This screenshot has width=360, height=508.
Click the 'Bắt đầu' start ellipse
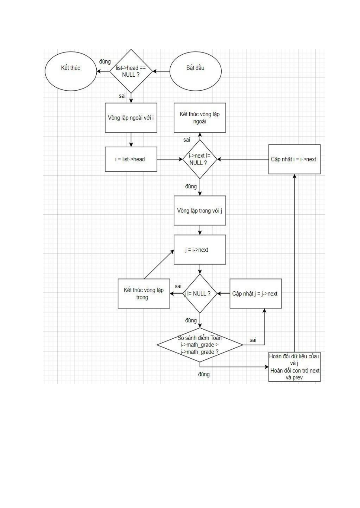(x=195, y=71)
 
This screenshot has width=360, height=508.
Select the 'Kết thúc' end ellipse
(x=71, y=71)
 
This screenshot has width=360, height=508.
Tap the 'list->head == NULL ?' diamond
(x=131, y=71)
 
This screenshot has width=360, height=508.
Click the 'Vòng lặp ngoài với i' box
(x=131, y=118)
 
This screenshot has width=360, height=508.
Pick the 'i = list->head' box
(x=131, y=159)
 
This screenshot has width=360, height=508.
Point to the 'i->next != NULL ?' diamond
(x=199, y=159)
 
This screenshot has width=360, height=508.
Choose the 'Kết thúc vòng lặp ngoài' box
(x=200, y=118)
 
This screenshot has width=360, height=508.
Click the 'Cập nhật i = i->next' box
(x=294, y=159)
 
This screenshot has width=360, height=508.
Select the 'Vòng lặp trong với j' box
(x=200, y=210)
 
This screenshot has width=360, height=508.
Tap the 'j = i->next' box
(x=200, y=250)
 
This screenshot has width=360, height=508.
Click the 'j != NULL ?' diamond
(x=200, y=293)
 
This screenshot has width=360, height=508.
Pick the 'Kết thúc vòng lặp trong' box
(x=144, y=293)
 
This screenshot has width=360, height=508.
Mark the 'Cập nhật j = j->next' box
(x=256, y=293)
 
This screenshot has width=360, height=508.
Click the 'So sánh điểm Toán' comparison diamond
(x=200, y=345)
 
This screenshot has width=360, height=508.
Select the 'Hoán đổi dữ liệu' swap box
(x=294, y=367)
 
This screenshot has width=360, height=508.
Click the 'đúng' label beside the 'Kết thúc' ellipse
(x=105, y=62)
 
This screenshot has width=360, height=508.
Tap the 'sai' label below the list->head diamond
(x=122, y=96)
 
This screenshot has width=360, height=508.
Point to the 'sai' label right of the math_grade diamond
(x=253, y=340)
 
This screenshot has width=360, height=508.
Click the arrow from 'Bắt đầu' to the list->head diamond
(x=161, y=72)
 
